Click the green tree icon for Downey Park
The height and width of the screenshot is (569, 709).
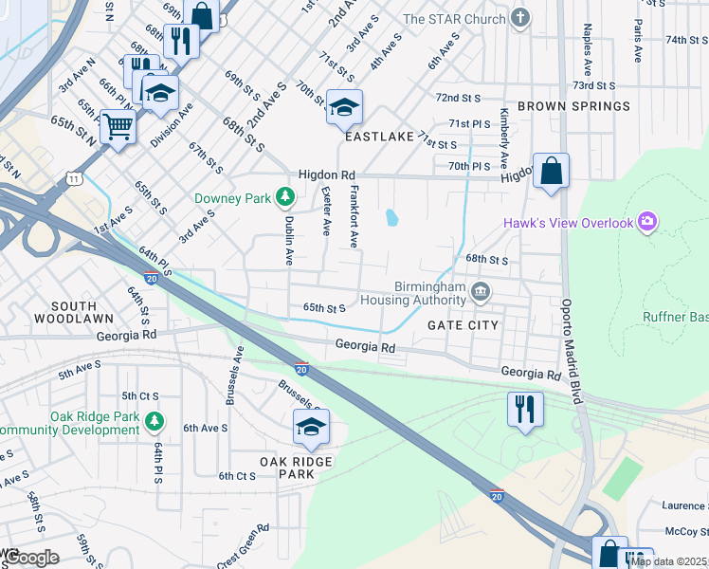click(284, 198)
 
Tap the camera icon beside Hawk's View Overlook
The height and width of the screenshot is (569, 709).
click(647, 223)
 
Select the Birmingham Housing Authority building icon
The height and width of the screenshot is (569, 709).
click(481, 290)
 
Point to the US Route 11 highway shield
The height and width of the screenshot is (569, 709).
click(74, 177)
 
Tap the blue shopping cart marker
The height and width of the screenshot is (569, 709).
click(118, 126)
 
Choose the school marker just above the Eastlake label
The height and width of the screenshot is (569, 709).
click(344, 106)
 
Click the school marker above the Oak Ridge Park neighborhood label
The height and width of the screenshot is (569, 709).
click(311, 427)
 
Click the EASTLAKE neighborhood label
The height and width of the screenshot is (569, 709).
click(379, 137)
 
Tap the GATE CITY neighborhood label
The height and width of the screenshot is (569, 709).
click(463, 325)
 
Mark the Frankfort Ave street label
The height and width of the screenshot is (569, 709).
click(354, 217)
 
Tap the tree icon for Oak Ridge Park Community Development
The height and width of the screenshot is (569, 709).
click(155, 419)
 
